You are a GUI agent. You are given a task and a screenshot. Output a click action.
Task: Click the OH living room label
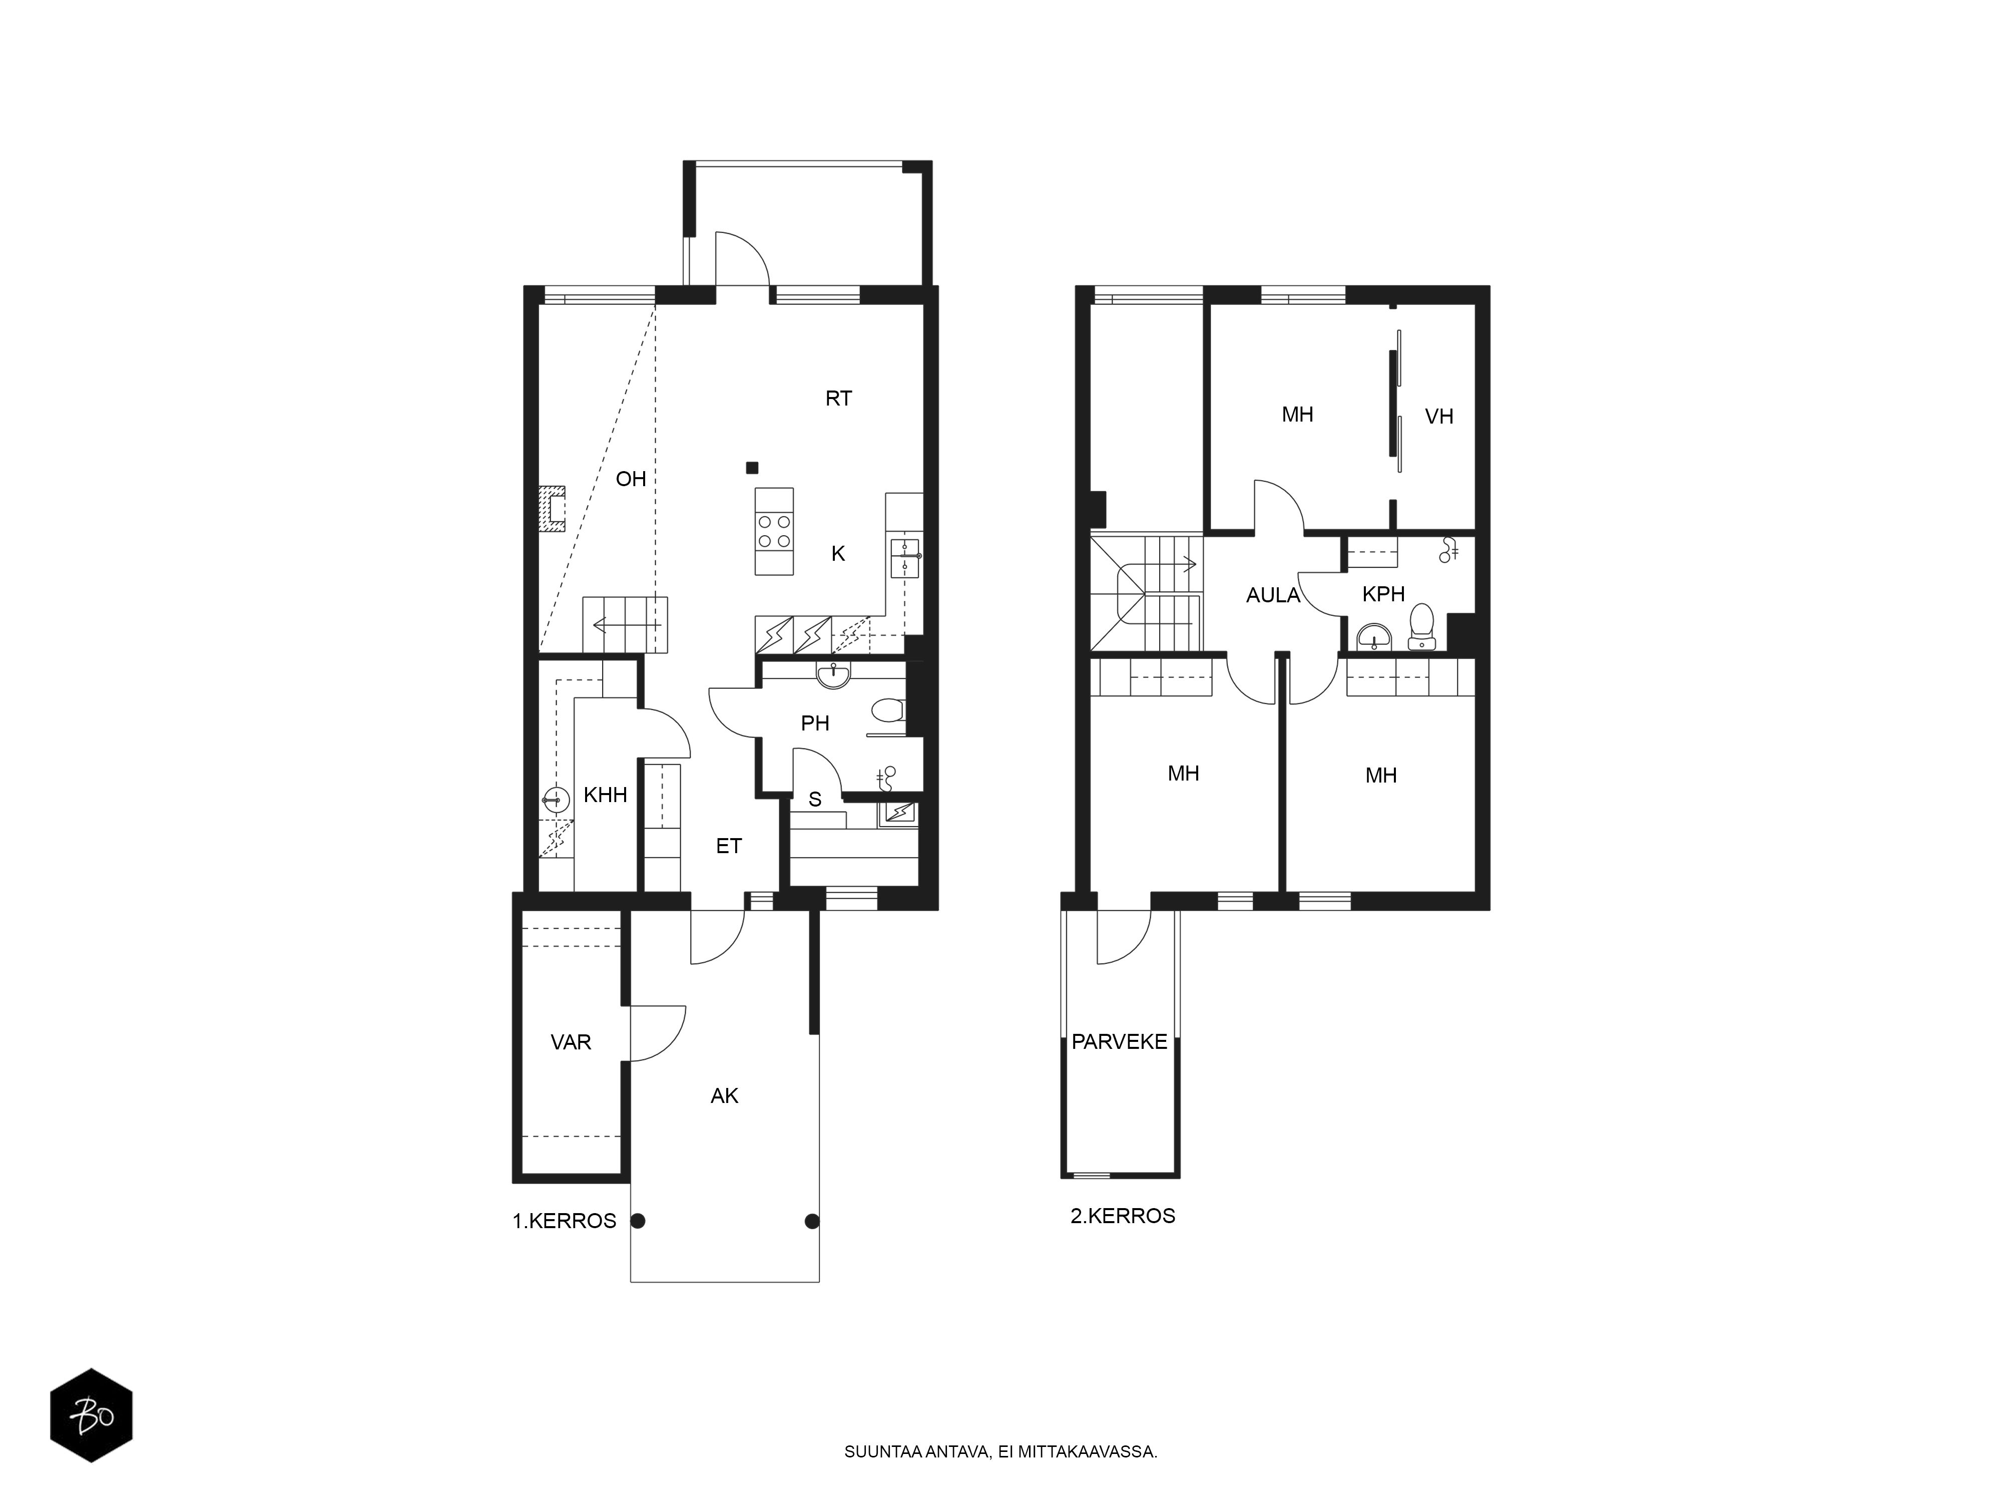[x=631, y=479]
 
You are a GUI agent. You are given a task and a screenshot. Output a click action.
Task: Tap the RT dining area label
[x=839, y=399]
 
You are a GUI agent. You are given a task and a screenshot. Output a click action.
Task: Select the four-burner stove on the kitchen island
[x=775, y=531]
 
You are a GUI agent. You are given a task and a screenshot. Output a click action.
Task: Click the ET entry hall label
[x=729, y=847]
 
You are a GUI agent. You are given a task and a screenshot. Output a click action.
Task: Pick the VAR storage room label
[x=571, y=1042]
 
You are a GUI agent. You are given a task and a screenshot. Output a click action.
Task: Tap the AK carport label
[x=725, y=1096]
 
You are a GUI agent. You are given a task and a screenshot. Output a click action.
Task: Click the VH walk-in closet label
[x=1439, y=417]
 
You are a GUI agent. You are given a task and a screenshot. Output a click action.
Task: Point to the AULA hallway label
[x=1273, y=596]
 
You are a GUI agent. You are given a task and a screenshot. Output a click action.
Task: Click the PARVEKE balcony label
[x=1120, y=1042]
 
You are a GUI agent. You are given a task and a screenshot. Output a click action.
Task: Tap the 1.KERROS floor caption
[x=565, y=1221]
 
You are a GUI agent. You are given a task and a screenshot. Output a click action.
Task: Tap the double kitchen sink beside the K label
[x=905, y=557]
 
